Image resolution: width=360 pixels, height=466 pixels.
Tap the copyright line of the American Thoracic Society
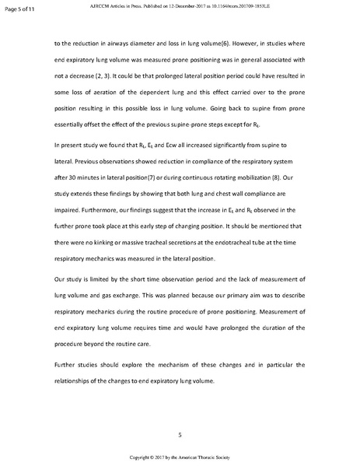180,457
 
